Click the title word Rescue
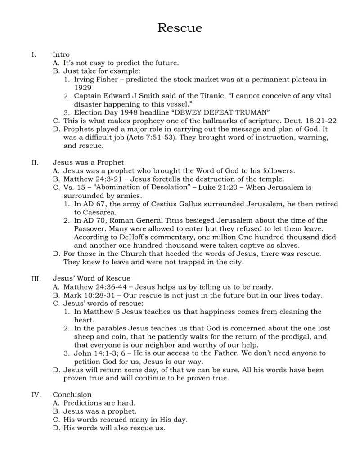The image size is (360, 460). pos(180,28)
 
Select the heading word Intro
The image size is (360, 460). pos(61,54)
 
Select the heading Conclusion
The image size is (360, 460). pos(72,394)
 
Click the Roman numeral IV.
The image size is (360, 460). pos(36,394)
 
